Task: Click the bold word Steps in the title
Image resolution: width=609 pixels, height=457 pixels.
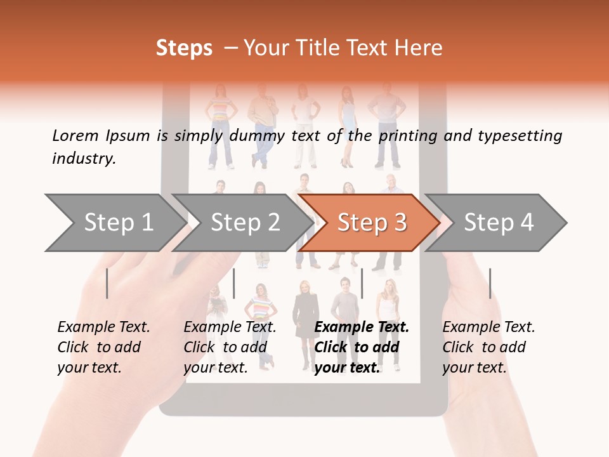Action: [184, 48]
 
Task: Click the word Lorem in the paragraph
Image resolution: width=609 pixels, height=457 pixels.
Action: [75, 135]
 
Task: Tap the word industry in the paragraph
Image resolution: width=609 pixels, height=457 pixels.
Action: [84, 159]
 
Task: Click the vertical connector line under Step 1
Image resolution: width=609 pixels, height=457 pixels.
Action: [107, 283]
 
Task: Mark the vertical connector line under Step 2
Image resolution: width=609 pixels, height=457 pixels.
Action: [234, 283]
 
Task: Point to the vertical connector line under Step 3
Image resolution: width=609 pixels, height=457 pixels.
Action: [362, 283]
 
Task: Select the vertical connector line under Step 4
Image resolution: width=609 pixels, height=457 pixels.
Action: [490, 283]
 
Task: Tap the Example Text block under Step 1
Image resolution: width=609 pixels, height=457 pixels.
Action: [103, 347]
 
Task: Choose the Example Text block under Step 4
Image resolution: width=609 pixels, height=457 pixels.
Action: [488, 347]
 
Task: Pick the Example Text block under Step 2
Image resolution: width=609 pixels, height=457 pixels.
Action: [229, 347]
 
